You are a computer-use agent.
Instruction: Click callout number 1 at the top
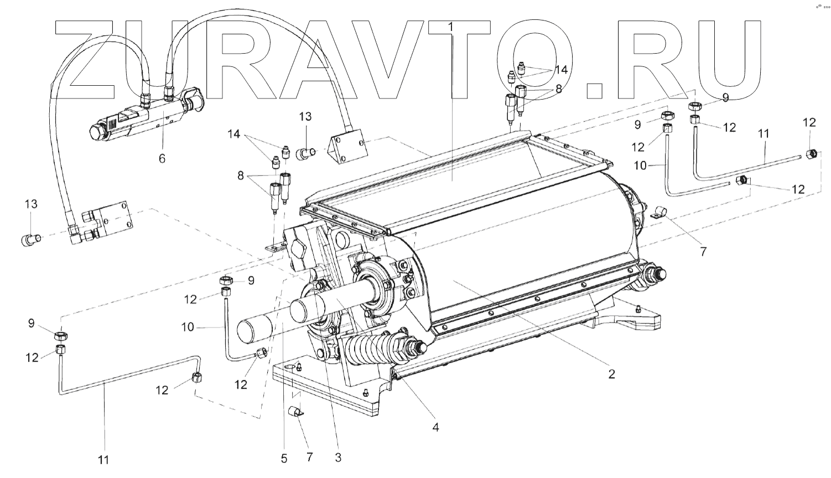pyautogui.click(x=450, y=26)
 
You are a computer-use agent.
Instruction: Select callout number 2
pyautogui.click(x=611, y=374)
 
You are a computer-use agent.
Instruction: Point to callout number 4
pyautogui.click(x=436, y=427)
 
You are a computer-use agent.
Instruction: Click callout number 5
pyautogui.click(x=284, y=458)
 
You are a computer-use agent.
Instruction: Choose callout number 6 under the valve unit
pyautogui.click(x=162, y=158)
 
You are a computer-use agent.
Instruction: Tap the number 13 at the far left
pyautogui.click(x=31, y=204)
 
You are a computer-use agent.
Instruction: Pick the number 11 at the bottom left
pyautogui.click(x=104, y=459)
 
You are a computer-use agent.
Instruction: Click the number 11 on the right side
pyautogui.click(x=764, y=133)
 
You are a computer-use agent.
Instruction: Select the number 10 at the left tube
pyautogui.click(x=188, y=327)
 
